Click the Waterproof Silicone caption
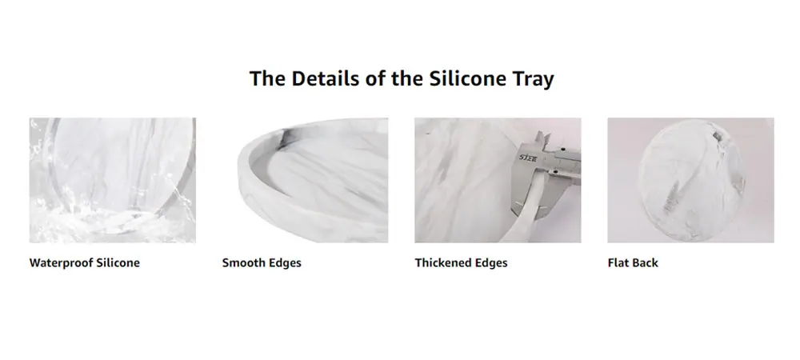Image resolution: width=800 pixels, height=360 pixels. pos(85,262)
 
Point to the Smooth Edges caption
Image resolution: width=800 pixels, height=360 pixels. pos(262,262)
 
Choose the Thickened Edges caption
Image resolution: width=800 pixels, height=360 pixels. pos(462,262)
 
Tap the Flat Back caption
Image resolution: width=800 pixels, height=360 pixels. pos(633,262)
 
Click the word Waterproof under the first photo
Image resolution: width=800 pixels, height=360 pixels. pos(62,263)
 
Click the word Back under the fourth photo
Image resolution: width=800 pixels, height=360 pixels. pos(646,262)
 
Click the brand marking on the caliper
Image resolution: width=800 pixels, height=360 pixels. pos(529,158)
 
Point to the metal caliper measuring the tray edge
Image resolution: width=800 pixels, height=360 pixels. pos(546,174)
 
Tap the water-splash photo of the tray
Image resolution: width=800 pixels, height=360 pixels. pos(112,180)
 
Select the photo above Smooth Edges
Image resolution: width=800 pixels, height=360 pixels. pos(305,180)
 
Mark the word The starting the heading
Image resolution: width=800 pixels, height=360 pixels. pos(268,78)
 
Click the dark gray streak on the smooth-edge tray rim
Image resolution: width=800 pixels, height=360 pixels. pos(284,138)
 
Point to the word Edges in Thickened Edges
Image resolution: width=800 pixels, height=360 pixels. pos(491,263)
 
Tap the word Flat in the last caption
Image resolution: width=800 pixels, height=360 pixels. pos(618,262)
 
